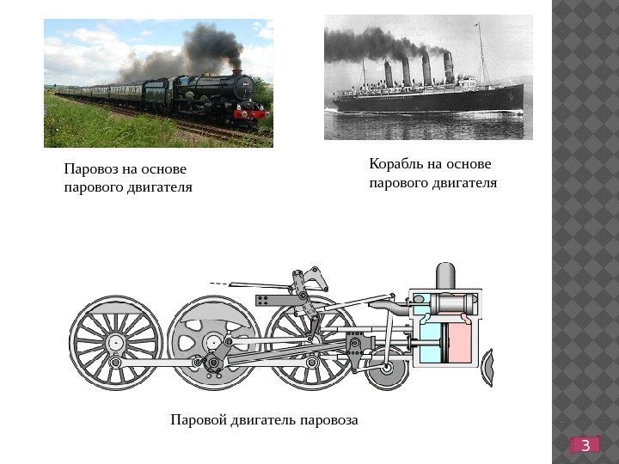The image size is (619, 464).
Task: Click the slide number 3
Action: click(585, 444)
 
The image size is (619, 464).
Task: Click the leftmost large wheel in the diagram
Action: click(115, 341)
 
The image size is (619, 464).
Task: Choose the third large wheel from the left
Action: click(309, 341)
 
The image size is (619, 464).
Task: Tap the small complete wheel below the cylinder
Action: click(386, 368)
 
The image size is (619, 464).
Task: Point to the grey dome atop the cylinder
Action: click(445, 277)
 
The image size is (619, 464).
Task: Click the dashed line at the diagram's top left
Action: click(223, 283)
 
